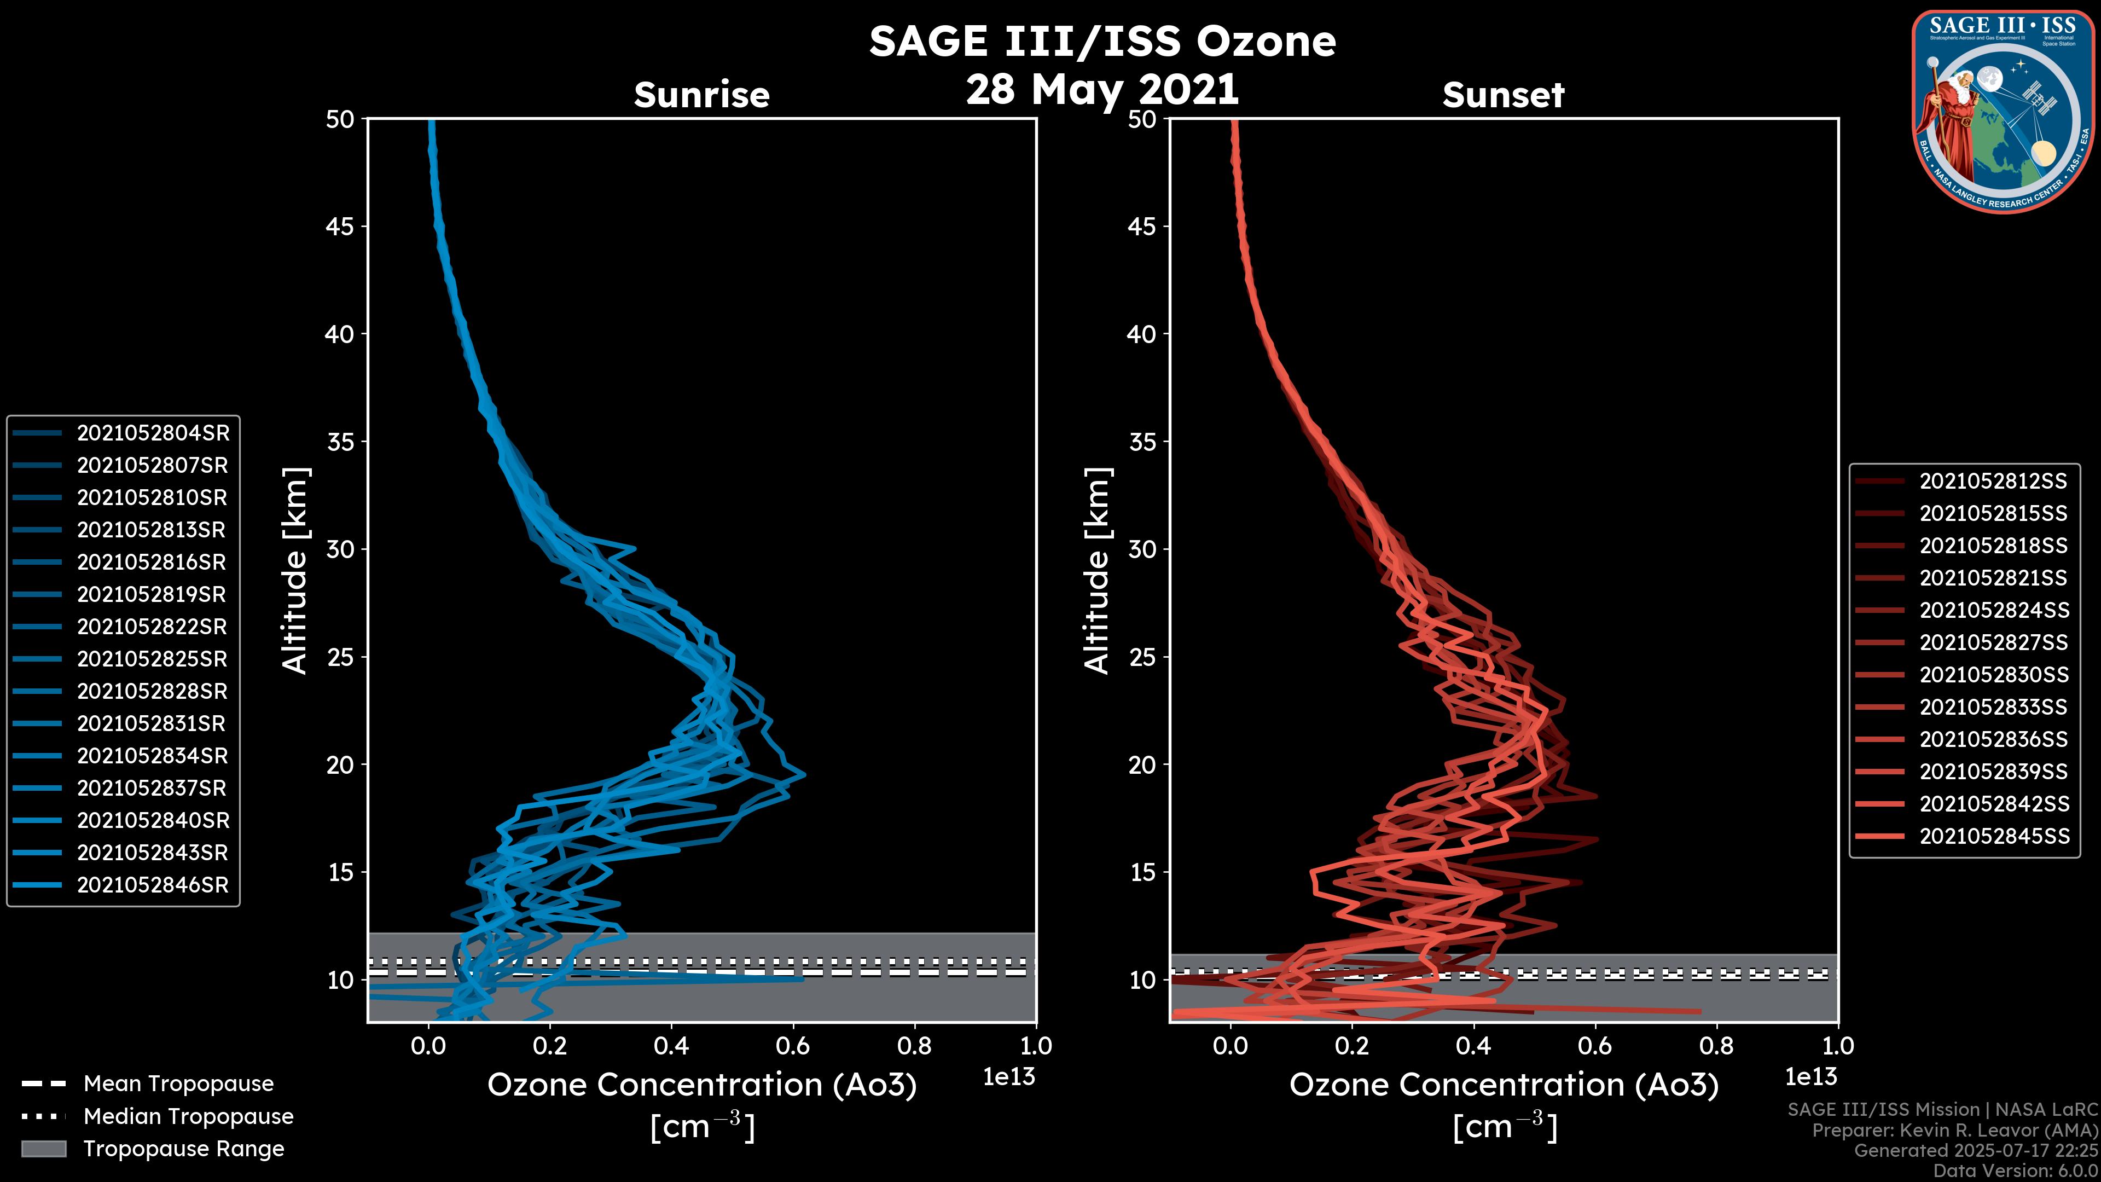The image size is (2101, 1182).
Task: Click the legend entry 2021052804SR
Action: point(153,433)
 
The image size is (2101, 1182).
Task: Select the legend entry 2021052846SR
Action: point(153,885)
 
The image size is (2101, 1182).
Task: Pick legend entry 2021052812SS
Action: point(1993,482)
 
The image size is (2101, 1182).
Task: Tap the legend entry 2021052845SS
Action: point(1993,836)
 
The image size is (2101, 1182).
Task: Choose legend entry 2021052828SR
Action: point(153,692)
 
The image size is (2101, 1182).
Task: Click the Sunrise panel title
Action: point(701,95)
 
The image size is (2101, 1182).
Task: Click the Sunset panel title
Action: point(1503,95)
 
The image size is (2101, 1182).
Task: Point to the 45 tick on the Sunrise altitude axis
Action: point(341,227)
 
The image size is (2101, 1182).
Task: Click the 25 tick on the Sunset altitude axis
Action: point(1142,657)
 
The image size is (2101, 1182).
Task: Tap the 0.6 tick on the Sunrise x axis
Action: point(793,1046)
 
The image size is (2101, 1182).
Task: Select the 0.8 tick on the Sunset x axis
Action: point(1716,1046)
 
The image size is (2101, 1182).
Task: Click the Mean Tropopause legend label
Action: point(178,1084)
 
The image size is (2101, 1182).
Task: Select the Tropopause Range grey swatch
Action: point(43,1149)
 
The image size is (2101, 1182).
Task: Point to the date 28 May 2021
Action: point(1102,90)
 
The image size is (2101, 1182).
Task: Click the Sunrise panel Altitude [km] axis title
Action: point(295,571)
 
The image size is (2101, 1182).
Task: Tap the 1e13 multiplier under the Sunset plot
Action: point(1810,1077)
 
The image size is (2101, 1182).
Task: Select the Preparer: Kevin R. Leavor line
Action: point(1954,1131)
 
